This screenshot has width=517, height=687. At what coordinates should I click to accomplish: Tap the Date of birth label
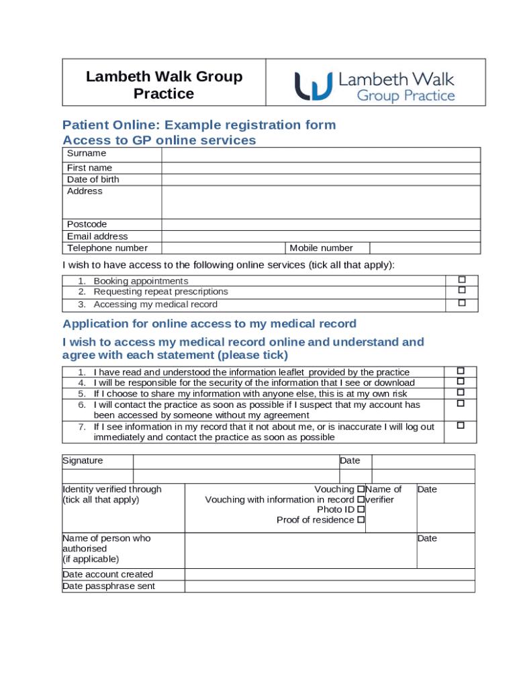[x=93, y=179]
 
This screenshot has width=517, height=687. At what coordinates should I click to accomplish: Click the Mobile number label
[x=321, y=248]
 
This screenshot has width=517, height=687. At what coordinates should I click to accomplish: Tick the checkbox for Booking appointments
[x=461, y=280]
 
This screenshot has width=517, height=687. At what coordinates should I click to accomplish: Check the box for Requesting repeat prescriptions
[x=461, y=290]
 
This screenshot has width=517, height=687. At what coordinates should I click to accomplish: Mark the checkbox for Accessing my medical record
[x=461, y=303]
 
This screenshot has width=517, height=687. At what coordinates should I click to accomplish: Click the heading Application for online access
[x=209, y=324]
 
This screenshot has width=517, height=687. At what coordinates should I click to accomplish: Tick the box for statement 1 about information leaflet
[x=461, y=371]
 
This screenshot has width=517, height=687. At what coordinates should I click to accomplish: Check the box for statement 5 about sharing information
[x=461, y=392]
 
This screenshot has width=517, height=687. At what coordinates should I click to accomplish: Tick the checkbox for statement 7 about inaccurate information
[x=461, y=425]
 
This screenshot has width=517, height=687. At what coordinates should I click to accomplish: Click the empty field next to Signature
[x=236, y=462]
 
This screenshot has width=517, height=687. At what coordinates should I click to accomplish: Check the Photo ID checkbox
[x=361, y=510]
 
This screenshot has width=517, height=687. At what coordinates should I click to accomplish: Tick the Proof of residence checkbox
[x=361, y=520]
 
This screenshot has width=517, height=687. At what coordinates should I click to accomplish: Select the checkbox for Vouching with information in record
[x=361, y=499]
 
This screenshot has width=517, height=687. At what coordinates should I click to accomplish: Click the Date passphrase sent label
[x=109, y=586]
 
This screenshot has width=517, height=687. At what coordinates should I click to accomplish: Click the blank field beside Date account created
[x=329, y=574]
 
